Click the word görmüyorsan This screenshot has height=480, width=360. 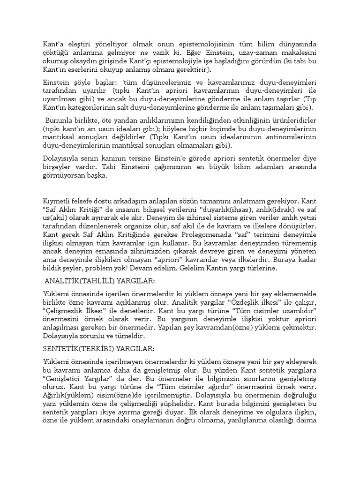click(64, 176)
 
